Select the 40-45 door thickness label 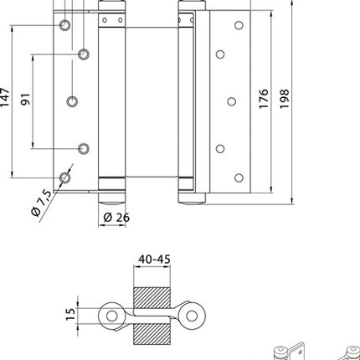(152, 259)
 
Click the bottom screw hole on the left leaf (64, 178)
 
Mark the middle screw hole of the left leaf (71, 101)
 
